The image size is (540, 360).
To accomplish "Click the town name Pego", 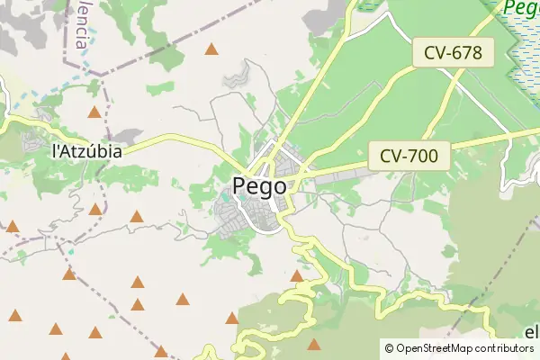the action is (259, 186).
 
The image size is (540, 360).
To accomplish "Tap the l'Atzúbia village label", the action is (86, 151).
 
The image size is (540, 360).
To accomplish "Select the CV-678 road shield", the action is (454, 53).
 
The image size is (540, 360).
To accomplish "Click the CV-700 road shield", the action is (409, 156).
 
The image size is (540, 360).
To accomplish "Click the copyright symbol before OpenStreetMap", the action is (389, 347).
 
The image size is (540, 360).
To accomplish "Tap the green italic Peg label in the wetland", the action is (521, 9).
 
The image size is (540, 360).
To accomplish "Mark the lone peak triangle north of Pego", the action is (211, 49).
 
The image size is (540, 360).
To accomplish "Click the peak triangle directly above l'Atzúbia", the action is (94, 112).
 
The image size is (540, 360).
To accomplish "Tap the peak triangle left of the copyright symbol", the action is (313, 344).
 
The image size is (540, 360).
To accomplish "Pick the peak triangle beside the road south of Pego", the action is (297, 275).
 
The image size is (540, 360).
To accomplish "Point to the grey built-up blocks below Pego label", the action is (236, 216).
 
